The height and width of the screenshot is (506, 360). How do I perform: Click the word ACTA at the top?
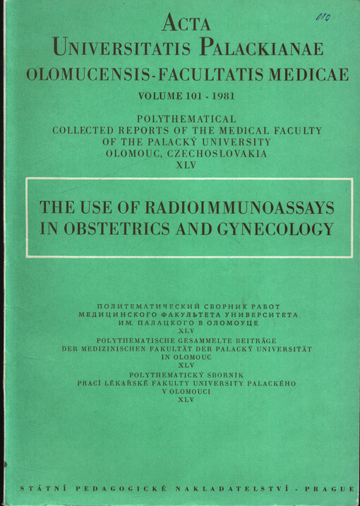[186, 24]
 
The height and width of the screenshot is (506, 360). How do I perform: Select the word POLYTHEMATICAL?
[187, 119]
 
